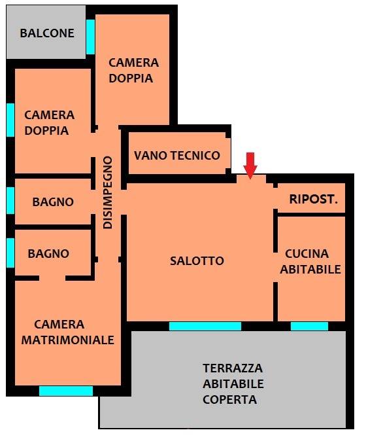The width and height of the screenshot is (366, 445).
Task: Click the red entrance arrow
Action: click(x=250, y=166)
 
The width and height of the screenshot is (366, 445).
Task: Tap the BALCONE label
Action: click(x=47, y=33)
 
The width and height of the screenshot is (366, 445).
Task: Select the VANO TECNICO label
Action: click(x=177, y=156)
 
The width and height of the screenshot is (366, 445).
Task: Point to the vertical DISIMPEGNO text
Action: click(x=108, y=192)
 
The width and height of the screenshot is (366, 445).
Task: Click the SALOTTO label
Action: click(x=197, y=261)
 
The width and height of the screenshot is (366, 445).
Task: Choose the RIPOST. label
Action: click(x=314, y=199)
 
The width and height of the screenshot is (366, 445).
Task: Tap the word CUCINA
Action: click(x=307, y=254)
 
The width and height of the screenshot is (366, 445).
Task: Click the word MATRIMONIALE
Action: click(x=68, y=340)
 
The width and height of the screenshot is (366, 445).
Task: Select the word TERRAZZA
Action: click(x=233, y=368)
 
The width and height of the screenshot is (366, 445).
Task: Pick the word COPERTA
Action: click(x=230, y=400)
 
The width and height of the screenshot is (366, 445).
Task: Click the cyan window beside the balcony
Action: click(x=90, y=37)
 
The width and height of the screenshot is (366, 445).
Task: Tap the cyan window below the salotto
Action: click(x=205, y=326)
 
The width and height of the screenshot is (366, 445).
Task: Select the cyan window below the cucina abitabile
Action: click(x=309, y=326)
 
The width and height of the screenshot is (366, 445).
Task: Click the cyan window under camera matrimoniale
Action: click(x=66, y=391)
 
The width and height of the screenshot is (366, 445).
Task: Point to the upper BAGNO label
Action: click(x=53, y=202)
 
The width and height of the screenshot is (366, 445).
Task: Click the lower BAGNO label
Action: click(x=48, y=254)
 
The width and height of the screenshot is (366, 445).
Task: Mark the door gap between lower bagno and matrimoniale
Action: click(x=52, y=278)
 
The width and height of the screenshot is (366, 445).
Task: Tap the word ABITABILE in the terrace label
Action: click(x=233, y=384)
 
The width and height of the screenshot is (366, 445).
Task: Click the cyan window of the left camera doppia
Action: click(x=10, y=120)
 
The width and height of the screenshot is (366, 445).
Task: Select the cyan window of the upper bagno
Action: click(x=10, y=200)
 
